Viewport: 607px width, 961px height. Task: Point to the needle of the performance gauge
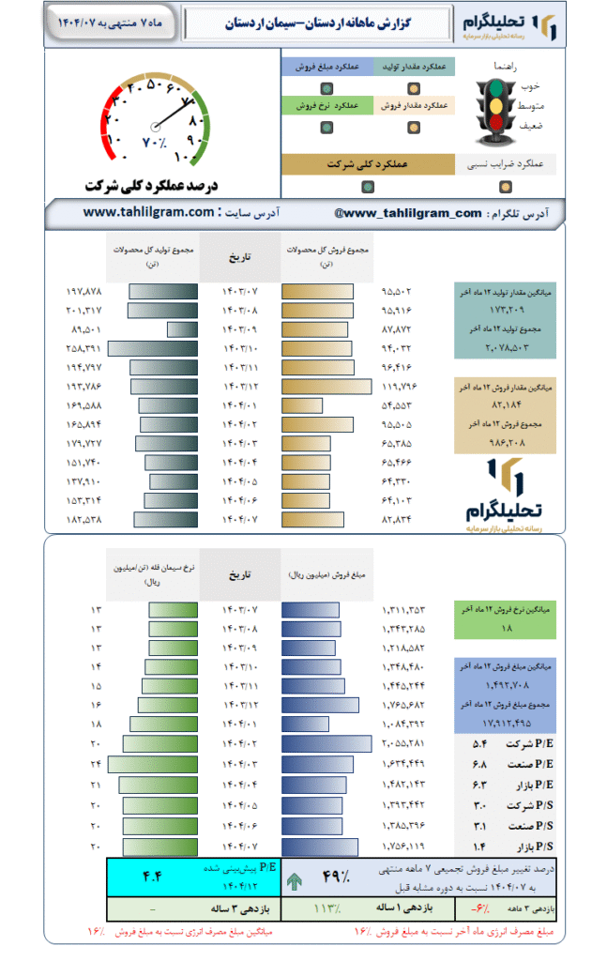tap(170, 113)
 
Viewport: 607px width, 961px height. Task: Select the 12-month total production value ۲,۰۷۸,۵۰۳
tap(507, 348)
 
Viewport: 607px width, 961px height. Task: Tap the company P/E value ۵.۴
tap(479, 743)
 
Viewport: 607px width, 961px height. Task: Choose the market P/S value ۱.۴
tap(479, 847)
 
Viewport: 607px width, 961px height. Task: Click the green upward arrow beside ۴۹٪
tap(296, 880)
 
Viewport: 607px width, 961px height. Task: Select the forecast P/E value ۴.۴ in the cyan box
tap(153, 877)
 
